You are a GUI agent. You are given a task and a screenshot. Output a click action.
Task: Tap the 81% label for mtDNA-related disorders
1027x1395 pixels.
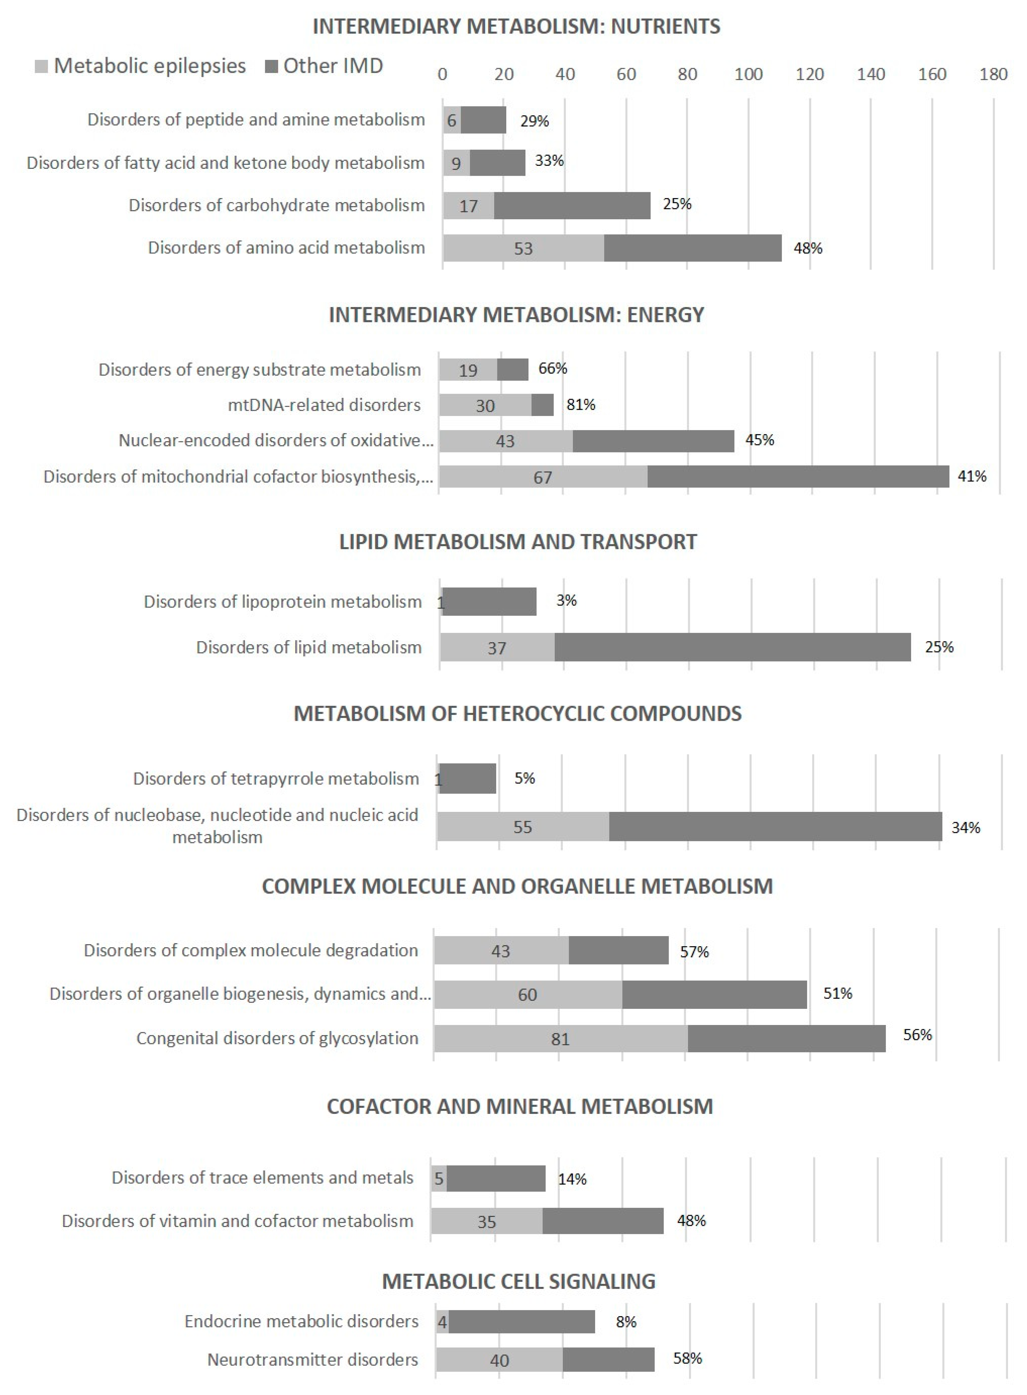(x=581, y=405)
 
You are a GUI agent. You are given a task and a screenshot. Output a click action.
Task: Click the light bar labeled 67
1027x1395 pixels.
(x=543, y=477)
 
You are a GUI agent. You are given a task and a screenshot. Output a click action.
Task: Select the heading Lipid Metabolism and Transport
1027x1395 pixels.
(x=518, y=541)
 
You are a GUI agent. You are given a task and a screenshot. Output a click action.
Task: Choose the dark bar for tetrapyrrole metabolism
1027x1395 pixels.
(x=468, y=778)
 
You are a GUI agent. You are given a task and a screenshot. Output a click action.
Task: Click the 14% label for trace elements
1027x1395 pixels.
(x=572, y=1179)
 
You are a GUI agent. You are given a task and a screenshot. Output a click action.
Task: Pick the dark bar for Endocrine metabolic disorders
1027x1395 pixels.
(x=522, y=1322)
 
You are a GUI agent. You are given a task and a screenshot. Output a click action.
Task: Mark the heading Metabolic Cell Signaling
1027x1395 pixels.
(x=519, y=1281)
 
